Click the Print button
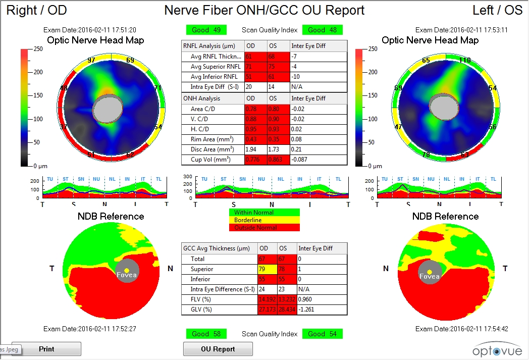46,349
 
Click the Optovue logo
494,349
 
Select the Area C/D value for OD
255,109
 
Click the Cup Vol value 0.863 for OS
279,160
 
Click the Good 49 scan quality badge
206,30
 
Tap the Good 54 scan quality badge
323,334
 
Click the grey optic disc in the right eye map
108,109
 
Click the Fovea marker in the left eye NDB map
430,273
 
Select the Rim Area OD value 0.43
255,139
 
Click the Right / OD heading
36,10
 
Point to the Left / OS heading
497,10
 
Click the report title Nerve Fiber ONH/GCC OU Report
264,10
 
